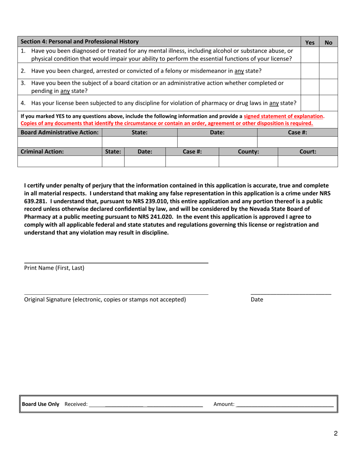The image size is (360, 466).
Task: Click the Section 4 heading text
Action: click(80, 42)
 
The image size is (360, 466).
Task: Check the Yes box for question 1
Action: click(310, 55)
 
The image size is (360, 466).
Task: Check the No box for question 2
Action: click(328, 71)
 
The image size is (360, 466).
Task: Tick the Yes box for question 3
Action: click(310, 87)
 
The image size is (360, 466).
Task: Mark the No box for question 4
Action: click(328, 103)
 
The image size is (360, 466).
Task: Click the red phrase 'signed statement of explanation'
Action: click(283, 116)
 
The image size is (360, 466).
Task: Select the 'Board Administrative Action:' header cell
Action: click(60, 133)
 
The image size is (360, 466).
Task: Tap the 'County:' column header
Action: click(248, 152)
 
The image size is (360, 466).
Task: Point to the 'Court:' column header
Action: click(308, 152)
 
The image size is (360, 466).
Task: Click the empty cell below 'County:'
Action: click(248, 161)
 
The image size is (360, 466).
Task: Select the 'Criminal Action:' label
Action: click(42, 152)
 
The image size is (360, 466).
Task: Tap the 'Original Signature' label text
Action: click(105, 300)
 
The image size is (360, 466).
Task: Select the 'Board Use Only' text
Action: click(41, 404)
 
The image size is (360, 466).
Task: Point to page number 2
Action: click(335, 434)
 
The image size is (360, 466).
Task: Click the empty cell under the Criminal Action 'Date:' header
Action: click(145, 161)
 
